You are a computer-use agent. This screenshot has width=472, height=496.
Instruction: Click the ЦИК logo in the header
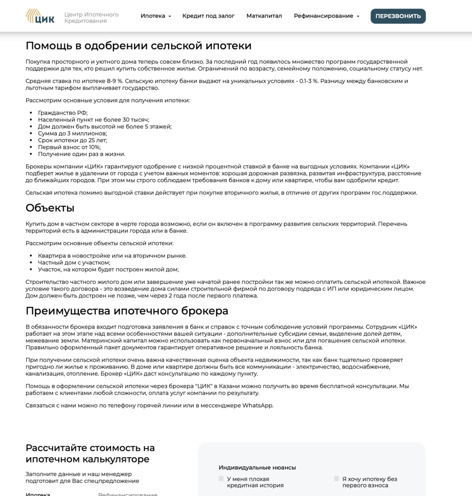[40, 16]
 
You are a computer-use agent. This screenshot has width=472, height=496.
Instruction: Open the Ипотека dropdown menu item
[155, 16]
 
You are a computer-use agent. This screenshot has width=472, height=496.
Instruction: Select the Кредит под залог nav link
[208, 16]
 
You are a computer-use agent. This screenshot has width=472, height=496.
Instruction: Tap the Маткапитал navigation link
[264, 16]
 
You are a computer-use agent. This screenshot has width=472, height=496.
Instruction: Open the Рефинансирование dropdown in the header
[326, 16]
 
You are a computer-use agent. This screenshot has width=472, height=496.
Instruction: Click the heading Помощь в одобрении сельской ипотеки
[139, 46]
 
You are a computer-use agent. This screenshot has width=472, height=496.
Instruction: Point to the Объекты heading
[50, 208]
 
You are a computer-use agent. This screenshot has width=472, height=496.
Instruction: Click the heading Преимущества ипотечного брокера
[127, 311]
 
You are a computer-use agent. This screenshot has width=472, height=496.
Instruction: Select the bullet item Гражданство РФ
[63, 113]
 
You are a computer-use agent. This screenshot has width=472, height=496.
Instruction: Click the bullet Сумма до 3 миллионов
[72, 134]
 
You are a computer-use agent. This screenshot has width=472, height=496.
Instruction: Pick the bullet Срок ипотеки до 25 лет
[72, 141]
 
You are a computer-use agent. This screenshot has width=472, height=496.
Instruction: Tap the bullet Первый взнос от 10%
[69, 147]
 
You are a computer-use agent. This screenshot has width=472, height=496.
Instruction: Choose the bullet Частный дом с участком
[74, 263]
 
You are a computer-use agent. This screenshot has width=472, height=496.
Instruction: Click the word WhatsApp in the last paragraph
[258, 406]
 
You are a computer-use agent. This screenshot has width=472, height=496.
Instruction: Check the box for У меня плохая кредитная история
[221, 479]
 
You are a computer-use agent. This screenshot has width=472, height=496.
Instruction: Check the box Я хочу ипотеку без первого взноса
[336, 479]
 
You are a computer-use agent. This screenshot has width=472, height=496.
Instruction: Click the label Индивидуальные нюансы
[257, 468]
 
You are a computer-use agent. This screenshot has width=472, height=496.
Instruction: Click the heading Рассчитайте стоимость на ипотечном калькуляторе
[90, 453]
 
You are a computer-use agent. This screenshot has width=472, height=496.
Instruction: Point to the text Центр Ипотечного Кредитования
[91, 18]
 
